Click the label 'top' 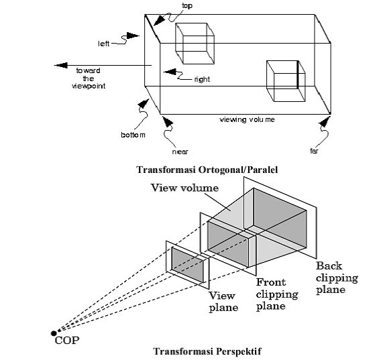tap(187, 5)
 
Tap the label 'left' tap(104, 44)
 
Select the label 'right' tap(202, 79)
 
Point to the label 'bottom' tap(133, 135)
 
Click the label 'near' tap(180, 152)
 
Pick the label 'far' tap(314, 151)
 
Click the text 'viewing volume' tap(248, 120)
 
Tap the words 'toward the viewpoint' tap(89, 78)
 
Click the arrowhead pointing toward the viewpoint tap(61, 65)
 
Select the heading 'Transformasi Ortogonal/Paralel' tap(207, 170)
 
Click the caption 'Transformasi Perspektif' tap(207, 351)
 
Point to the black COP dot tap(54, 333)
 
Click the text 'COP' tap(67, 341)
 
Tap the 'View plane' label tap(223, 302)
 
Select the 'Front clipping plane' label tap(277, 294)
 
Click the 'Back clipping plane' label tap(337, 278)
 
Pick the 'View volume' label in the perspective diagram tap(184, 188)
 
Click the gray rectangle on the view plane tap(187, 265)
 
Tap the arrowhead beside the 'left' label tap(133, 36)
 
